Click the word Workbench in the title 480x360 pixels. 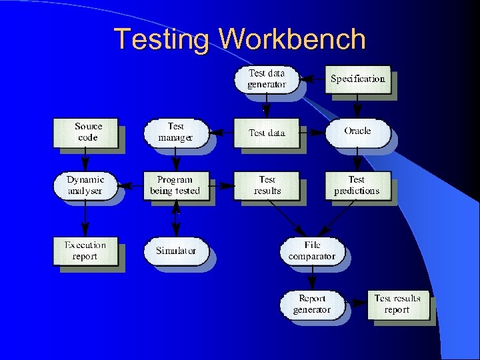(293, 39)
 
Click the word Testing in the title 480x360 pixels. (163, 39)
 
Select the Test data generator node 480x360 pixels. (267, 79)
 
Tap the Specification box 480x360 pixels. (357, 79)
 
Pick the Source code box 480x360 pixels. (87, 132)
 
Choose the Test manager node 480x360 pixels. (175, 132)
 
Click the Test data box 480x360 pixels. (267, 133)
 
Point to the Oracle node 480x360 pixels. (357, 131)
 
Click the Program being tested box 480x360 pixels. (175, 185)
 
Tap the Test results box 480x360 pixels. (267, 185)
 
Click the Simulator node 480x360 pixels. (176, 251)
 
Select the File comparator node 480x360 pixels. (312, 251)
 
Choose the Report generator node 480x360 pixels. (311, 304)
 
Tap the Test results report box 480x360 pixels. (397, 304)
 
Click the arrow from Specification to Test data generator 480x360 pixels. (312, 79)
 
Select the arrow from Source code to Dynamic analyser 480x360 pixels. (85, 160)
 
